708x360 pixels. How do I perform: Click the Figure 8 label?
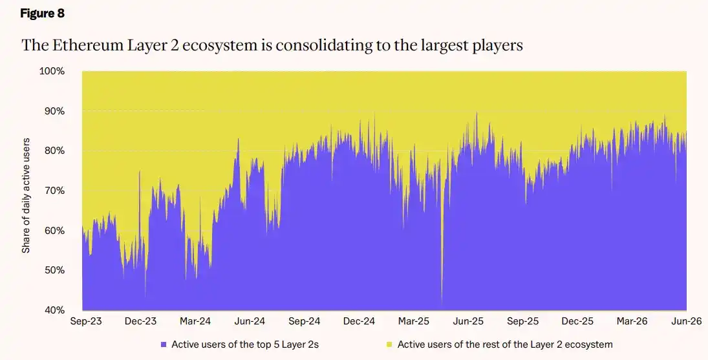(x=43, y=14)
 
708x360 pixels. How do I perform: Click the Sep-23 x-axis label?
(x=86, y=321)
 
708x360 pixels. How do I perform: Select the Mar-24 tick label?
(x=195, y=321)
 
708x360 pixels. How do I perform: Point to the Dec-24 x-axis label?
(x=359, y=321)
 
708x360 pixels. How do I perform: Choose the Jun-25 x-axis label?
(x=468, y=321)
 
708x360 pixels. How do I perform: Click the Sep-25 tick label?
(x=522, y=321)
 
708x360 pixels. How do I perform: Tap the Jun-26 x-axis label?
(x=686, y=321)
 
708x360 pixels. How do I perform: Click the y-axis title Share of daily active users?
(x=27, y=195)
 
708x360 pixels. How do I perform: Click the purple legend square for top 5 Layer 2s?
(x=164, y=344)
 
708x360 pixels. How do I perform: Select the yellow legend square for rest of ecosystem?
(x=390, y=344)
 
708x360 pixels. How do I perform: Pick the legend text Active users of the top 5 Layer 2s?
(x=245, y=344)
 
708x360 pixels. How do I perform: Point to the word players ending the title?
(x=497, y=46)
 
